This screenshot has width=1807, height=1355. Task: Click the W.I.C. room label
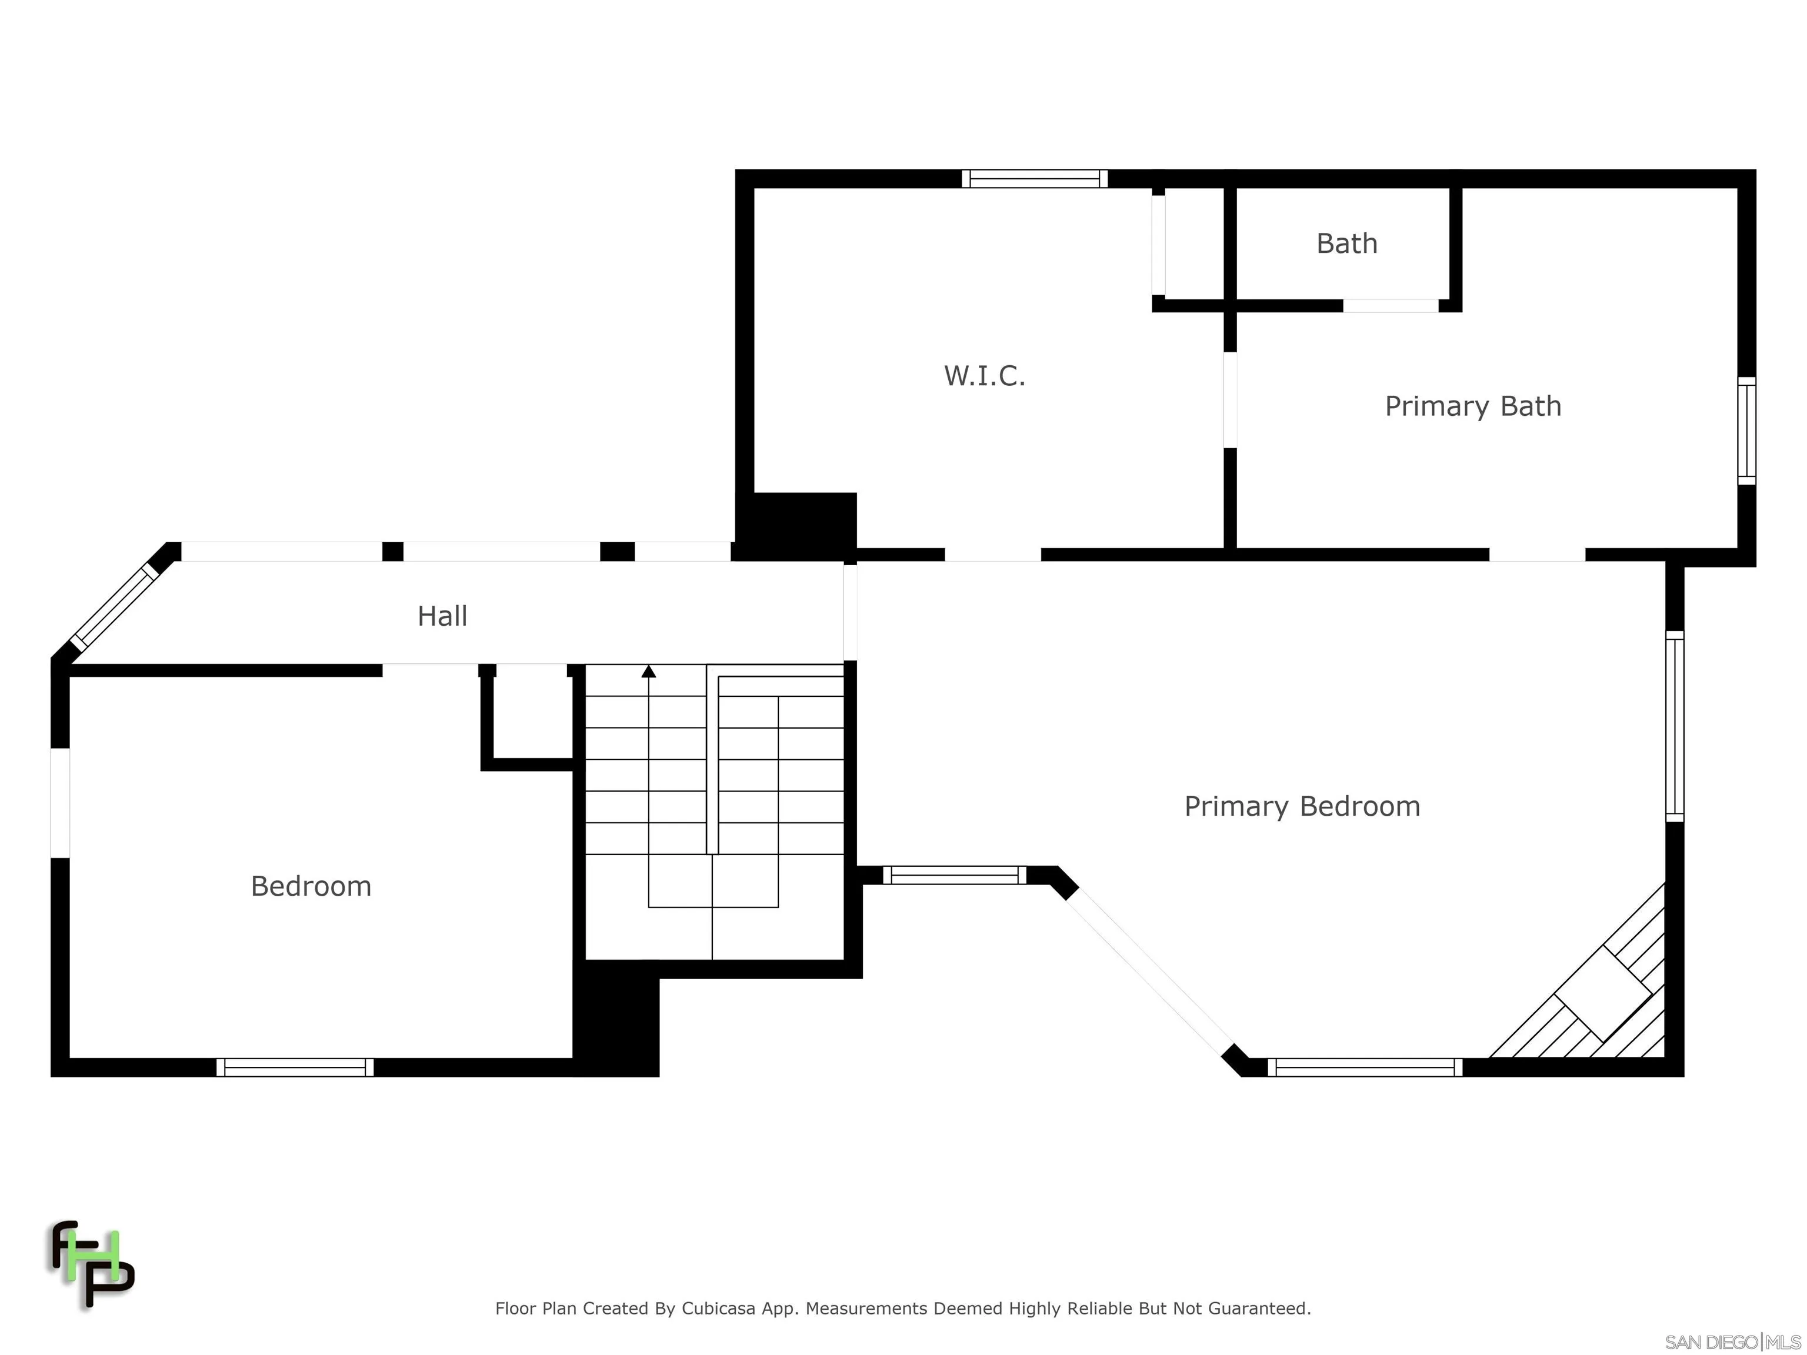984,376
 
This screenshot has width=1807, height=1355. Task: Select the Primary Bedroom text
1302,806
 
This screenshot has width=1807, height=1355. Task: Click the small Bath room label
1347,243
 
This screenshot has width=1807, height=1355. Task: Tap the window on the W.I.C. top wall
1034,178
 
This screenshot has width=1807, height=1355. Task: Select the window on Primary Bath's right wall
1746,430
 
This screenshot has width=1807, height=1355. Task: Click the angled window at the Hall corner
114,605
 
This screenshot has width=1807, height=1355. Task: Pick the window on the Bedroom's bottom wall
295,1067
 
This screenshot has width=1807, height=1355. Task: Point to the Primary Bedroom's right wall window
1674,726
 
